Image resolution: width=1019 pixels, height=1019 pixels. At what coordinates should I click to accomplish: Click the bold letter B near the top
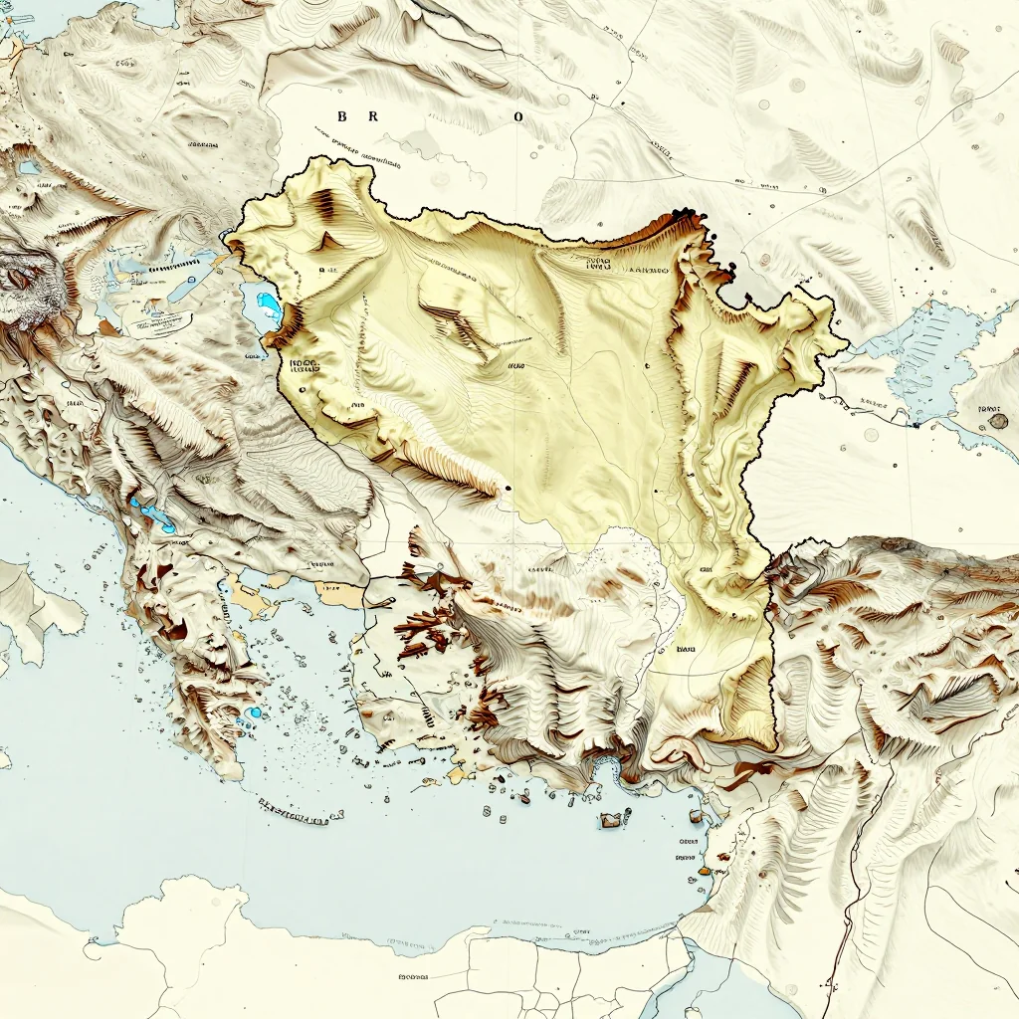pyautogui.click(x=342, y=116)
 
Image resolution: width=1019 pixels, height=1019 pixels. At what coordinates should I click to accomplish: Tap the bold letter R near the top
pyautogui.click(x=374, y=116)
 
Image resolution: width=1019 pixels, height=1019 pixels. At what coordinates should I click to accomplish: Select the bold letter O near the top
pyautogui.click(x=517, y=116)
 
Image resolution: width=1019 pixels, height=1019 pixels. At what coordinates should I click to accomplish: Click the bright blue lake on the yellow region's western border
pyautogui.click(x=267, y=301)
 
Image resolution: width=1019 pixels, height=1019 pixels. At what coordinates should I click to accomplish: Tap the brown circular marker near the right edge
pyautogui.click(x=998, y=421)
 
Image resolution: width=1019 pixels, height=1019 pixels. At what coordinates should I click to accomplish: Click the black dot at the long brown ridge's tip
pyautogui.click(x=509, y=488)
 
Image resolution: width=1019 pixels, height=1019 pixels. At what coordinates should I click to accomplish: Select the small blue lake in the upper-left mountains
pyautogui.click(x=29, y=167)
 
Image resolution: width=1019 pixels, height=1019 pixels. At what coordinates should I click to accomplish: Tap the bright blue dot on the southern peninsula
pyautogui.click(x=255, y=713)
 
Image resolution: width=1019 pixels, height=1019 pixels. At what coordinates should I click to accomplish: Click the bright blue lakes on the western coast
pyautogui.click(x=154, y=514)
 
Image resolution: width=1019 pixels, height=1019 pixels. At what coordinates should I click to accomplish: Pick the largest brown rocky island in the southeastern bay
pyautogui.click(x=611, y=820)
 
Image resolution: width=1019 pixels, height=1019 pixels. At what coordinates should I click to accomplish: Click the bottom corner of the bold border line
pyautogui.click(x=775, y=748)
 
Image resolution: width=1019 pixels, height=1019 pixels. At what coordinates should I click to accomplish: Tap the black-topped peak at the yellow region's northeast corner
pyautogui.click(x=687, y=214)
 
